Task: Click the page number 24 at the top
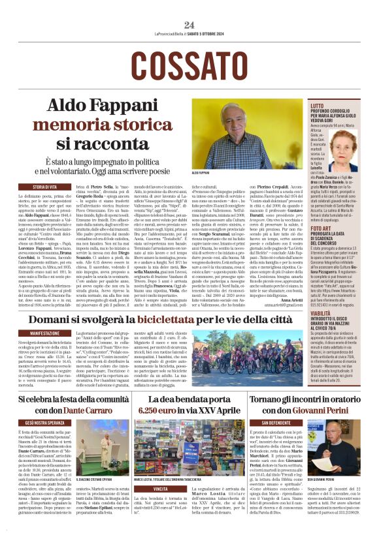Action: pyautogui.click(x=189, y=24)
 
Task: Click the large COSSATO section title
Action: pyautogui.click(x=189, y=65)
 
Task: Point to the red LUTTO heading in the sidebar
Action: pyautogui.click(x=318, y=105)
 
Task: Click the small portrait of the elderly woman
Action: pyautogui.click(x=357, y=143)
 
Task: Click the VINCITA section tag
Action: pyautogui.click(x=160, y=489)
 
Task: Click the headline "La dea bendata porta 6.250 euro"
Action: pyautogui.click(x=189, y=404)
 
